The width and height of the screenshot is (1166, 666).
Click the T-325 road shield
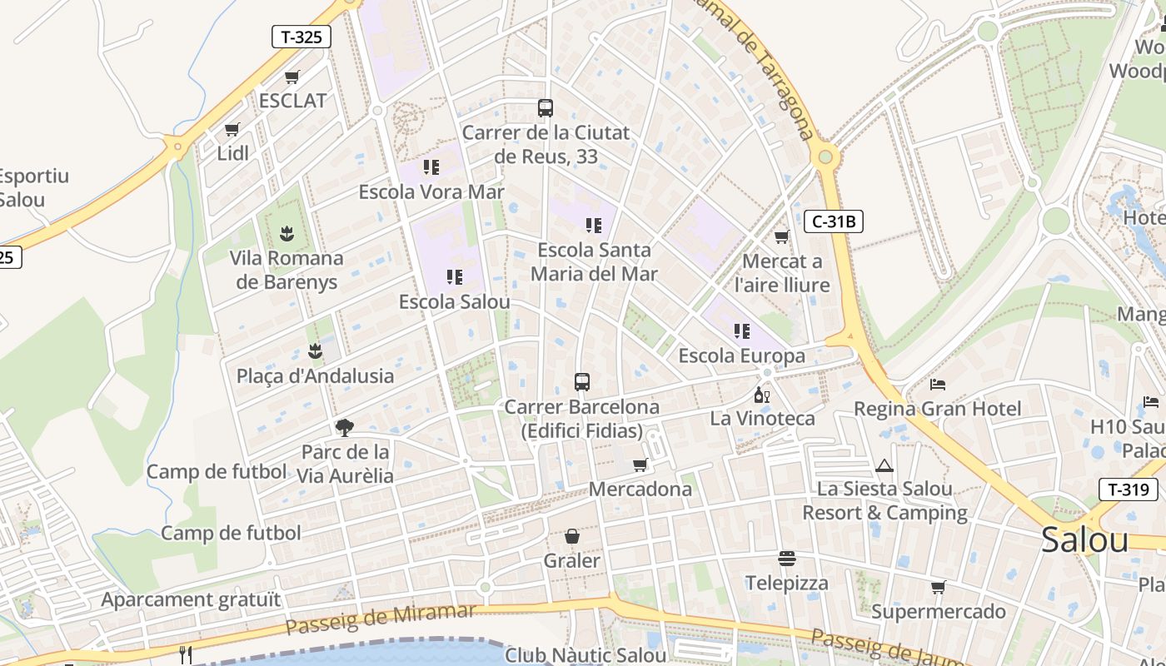point(301,37)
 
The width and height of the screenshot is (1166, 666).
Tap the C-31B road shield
point(834,221)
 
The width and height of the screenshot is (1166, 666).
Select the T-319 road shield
point(1129,490)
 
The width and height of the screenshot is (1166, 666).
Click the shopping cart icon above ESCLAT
point(292,77)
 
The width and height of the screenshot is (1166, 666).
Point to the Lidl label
point(233,153)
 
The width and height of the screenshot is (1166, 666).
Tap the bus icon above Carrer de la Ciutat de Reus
point(546,108)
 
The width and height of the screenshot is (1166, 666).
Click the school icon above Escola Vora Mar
point(431,167)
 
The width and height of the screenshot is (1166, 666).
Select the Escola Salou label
point(454,301)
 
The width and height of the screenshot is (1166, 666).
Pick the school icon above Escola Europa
point(742,331)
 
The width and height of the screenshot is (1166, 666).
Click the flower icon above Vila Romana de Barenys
point(287,233)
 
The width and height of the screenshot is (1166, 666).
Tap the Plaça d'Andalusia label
point(315,375)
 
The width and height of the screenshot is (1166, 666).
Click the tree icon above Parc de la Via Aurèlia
point(344,428)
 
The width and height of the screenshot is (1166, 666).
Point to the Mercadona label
point(640,489)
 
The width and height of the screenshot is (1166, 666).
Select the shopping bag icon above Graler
point(572,536)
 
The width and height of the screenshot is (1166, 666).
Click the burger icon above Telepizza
point(787,558)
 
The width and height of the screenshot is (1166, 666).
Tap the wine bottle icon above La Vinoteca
point(761,395)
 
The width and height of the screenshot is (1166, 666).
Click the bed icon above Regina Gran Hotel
point(938,385)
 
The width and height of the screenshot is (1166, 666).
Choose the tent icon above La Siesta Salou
point(884,465)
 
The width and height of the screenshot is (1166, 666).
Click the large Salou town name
point(1084,540)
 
